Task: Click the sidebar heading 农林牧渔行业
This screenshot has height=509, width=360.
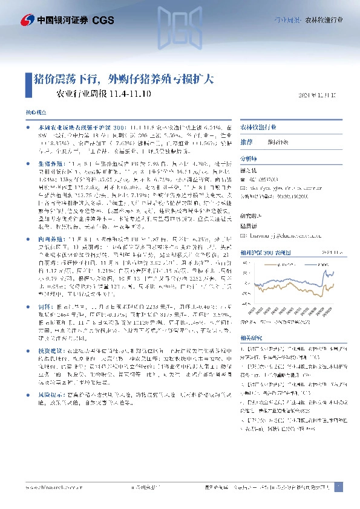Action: [258, 129]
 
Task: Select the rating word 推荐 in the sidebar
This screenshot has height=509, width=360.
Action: [246, 141]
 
